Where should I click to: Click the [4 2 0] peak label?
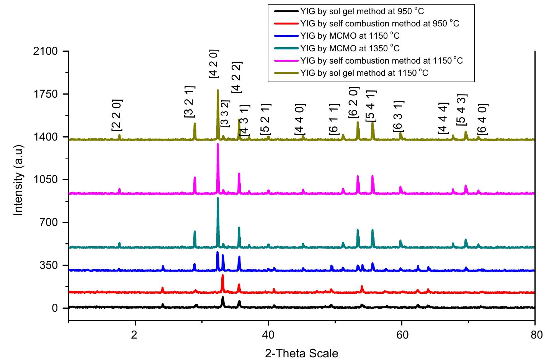214,64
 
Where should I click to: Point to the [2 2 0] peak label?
117,115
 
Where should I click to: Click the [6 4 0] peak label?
483,119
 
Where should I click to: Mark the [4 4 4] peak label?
443,118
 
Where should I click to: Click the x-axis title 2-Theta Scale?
302,353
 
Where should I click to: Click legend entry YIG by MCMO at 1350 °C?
350,48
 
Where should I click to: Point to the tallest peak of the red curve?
222,275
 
